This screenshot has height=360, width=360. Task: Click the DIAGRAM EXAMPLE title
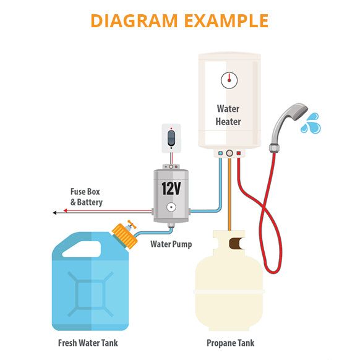pyautogui.click(x=179, y=20)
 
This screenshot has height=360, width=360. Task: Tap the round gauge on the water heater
pyautogui.click(x=228, y=79)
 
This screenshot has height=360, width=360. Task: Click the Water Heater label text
pyautogui.click(x=228, y=115)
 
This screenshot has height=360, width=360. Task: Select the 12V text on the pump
pyautogui.click(x=171, y=188)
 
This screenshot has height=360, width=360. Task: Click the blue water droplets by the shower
pyautogui.click(x=310, y=123)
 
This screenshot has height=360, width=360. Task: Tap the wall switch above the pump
pyautogui.click(x=171, y=137)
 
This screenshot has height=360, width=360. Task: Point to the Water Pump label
pyautogui.click(x=171, y=244)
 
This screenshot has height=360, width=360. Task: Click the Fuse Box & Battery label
pyautogui.click(x=86, y=197)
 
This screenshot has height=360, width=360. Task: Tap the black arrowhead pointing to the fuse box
pyautogui.click(x=55, y=212)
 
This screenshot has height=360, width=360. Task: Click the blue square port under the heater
pyautogui.click(x=220, y=153)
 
